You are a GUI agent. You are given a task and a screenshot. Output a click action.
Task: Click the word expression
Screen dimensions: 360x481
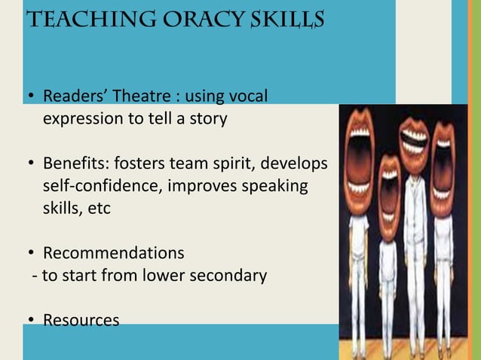click(x=84, y=119)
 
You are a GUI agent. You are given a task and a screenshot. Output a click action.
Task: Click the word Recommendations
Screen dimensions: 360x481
click(x=113, y=252)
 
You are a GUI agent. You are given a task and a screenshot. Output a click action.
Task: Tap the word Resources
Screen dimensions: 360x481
click(x=81, y=320)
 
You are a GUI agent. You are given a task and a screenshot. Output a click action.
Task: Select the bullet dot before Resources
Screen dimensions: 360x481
click(x=31, y=321)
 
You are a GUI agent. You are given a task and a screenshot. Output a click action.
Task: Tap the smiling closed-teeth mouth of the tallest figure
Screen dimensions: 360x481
click(x=414, y=140)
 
